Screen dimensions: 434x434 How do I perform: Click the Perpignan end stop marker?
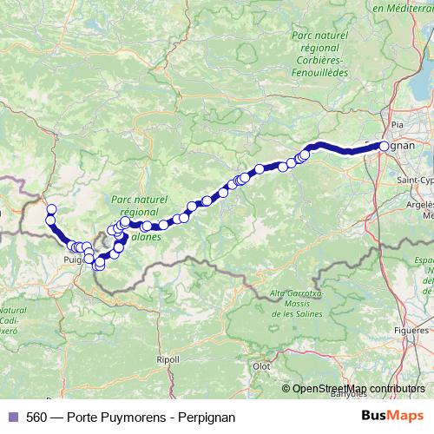point(385,147)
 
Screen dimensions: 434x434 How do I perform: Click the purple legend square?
point(13,418)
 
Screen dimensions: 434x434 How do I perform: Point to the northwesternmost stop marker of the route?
point(51,208)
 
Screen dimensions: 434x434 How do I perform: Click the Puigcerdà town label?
point(76,258)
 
